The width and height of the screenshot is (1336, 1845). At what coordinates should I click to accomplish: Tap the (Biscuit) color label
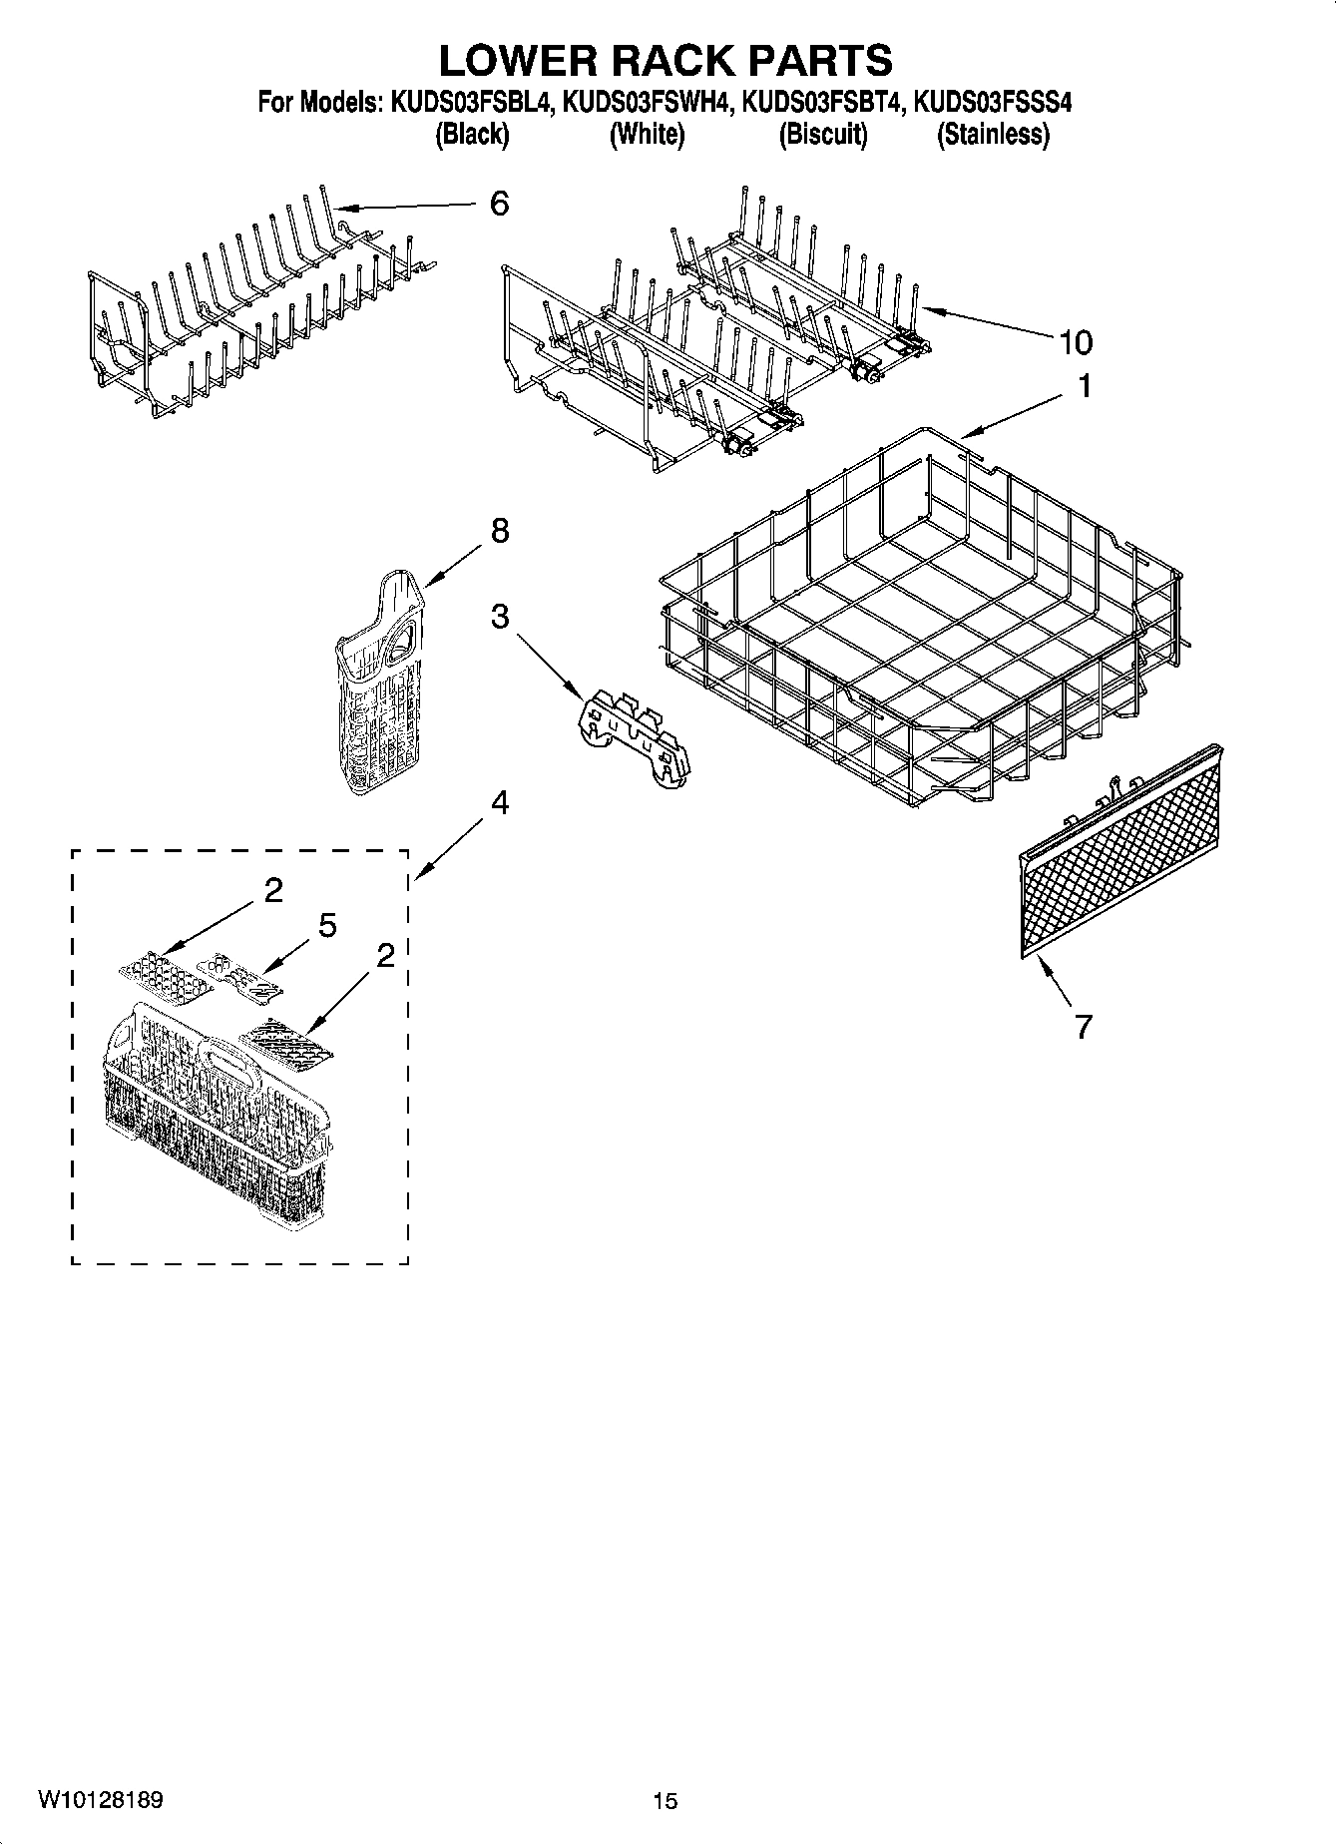[x=823, y=135]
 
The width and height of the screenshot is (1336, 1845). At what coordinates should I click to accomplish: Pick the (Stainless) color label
[x=993, y=135]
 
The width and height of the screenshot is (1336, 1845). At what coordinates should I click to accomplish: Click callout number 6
[x=499, y=204]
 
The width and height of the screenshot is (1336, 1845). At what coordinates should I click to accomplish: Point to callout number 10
[x=1075, y=342]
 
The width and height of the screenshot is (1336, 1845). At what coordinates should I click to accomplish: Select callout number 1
[x=1085, y=386]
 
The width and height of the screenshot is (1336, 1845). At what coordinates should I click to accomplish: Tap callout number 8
[x=499, y=531]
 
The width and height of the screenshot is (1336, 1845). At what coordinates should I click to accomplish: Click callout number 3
[x=499, y=618]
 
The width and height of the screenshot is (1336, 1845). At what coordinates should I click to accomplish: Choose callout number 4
[x=499, y=802]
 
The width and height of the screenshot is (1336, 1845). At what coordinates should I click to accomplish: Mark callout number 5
[x=327, y=926]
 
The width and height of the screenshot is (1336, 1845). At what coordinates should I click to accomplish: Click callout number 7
[x=1084, y=1026]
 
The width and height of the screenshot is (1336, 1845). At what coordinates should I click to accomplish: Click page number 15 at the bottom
[x=666, y=1801]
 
